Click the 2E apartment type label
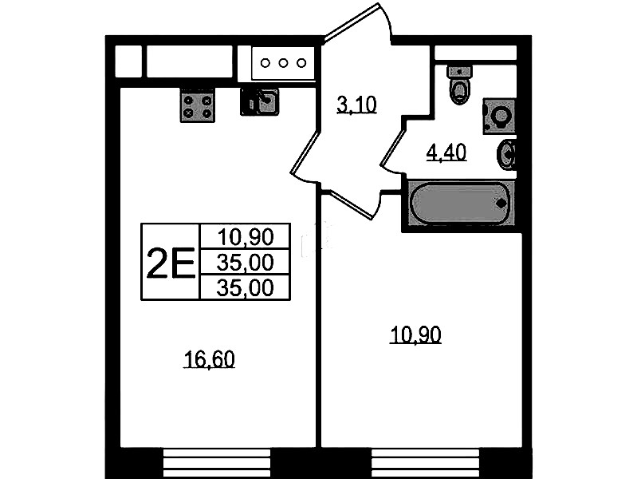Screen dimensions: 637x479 click(171, 263)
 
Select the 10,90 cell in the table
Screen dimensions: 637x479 click(246, 237)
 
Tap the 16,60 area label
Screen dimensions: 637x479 click(209, 360)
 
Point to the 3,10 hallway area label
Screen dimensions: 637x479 click(356, 105)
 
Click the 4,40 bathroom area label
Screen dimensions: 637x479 click(446, 152)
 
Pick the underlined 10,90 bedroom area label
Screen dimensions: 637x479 click(415, 335)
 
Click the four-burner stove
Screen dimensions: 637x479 click(198, 106)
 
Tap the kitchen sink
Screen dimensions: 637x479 click(260, 101)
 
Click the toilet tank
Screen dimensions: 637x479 click(459, 72)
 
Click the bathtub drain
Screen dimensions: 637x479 click(501, 203)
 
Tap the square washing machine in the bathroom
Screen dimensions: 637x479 click(499, 116)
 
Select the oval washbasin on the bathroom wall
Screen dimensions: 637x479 click(506, 155)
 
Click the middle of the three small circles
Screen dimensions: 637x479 click(283, 63)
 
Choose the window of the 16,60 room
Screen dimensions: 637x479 click(217, 463)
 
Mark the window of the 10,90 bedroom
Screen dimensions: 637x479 click(426, 463)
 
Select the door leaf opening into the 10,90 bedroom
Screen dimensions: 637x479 click(350, 204)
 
